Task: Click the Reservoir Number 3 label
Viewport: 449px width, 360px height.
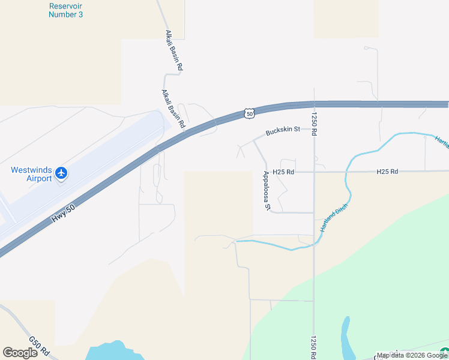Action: point(65,10)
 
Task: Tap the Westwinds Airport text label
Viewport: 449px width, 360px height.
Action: point(31,174)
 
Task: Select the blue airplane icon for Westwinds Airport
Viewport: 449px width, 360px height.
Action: point(61,173)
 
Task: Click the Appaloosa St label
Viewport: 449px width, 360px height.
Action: point(268,191)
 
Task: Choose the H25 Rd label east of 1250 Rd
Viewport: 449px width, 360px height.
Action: point(387,172)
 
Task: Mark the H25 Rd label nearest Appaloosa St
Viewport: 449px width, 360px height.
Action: point(283,172)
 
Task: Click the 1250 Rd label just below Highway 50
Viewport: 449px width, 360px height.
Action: point(313,124)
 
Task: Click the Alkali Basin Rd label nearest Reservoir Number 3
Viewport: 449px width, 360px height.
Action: point(173,51)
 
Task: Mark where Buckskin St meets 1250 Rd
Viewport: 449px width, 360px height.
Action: point(313,128)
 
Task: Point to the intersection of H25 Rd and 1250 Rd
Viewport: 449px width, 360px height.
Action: point(313,172)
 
